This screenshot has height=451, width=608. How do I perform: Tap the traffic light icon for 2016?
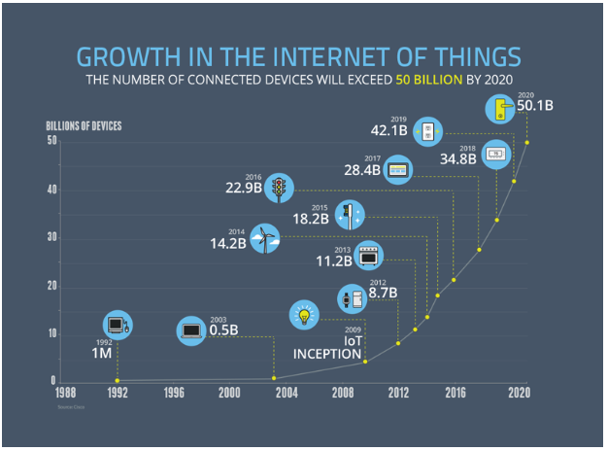click(281, 188)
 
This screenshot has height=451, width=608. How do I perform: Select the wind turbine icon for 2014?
click(264, 239)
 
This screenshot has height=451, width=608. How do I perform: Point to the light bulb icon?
click(305, 314)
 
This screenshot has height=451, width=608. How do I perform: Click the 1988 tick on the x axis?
click(65, 393)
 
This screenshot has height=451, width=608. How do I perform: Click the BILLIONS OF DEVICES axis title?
click(83, 125)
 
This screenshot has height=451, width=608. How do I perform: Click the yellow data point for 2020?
click(527, 142)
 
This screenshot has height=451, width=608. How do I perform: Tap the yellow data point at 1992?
click(118, 380)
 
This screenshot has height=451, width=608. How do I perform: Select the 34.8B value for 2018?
click(459, 158)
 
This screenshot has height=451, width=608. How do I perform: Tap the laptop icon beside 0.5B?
click(189, 331)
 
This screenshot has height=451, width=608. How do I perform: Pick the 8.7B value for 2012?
click(385, 291)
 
